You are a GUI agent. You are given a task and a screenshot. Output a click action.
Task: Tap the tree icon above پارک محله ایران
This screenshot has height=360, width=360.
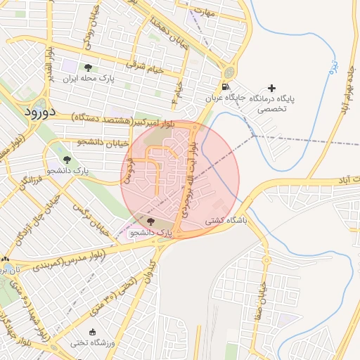pyautogui.click(x=88, y=68)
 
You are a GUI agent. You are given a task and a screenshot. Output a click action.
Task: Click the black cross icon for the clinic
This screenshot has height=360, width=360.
pyautogui.click(x=273, y=88)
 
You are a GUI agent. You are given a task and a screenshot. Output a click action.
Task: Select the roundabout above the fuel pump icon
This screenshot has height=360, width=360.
pyautogui.click(x=229, y=73)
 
